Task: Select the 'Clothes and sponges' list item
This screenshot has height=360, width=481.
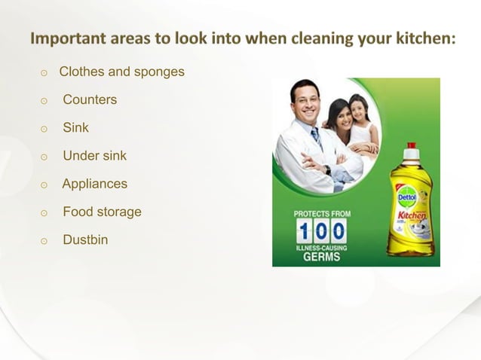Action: coord(121,72)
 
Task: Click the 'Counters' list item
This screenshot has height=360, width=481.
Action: coord(90,99)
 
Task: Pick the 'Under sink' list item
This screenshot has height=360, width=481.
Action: coord(94,156)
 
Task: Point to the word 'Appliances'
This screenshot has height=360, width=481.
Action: coord(95,184)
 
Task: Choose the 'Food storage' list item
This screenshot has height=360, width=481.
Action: coord(102,212)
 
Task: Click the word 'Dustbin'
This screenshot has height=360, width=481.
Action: coord(85,240)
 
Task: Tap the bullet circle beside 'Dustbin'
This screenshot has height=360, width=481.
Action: coord(44,241)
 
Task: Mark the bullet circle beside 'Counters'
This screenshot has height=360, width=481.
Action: coord(44,101)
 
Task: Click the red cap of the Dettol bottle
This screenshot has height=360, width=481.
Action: coord(411,146)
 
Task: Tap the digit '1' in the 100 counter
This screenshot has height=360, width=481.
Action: coord(305,230)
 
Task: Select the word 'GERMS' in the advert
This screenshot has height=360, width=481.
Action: coord(322,257)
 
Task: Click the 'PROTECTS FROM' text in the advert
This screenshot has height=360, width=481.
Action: coord(322,214)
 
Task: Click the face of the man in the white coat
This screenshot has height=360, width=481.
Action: coord(305,103)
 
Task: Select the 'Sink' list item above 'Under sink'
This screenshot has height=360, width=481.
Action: coord(75,128)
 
